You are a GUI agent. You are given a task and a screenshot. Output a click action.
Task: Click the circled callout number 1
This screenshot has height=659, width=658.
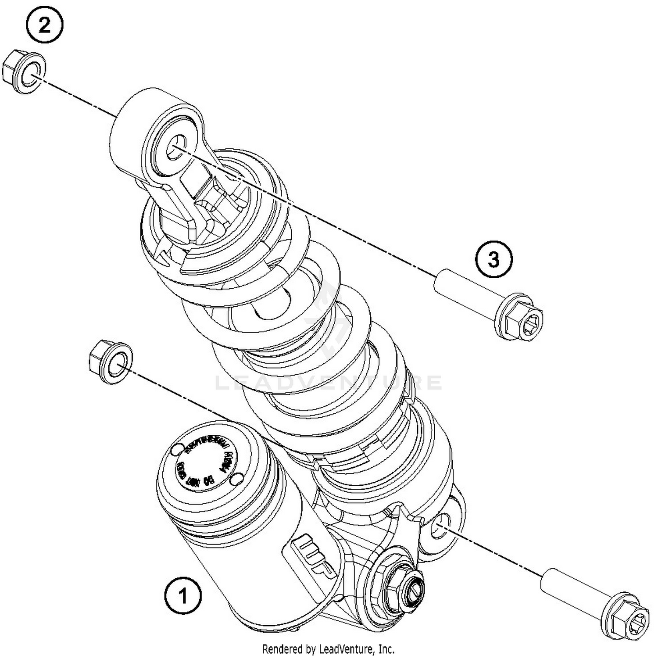183,596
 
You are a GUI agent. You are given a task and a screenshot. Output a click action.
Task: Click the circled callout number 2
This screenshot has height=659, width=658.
45,26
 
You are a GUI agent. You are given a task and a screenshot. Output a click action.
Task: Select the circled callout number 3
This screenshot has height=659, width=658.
493,259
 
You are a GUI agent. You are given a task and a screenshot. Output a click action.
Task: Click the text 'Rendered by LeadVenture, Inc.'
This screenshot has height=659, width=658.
328,648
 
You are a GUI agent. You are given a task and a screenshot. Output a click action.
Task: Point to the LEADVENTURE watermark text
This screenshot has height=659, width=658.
329,383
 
